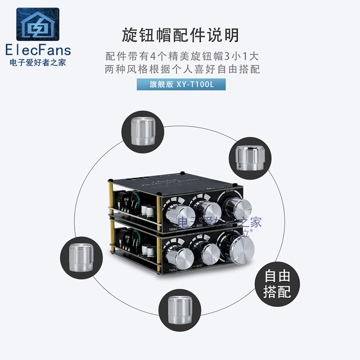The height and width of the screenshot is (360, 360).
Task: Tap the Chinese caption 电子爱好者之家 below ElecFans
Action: [37, 63]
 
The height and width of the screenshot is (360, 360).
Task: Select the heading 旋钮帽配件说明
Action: [180, 35]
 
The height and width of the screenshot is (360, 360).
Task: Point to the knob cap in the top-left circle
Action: [142, 130]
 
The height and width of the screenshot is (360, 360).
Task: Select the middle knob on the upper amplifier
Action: [206, 210]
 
